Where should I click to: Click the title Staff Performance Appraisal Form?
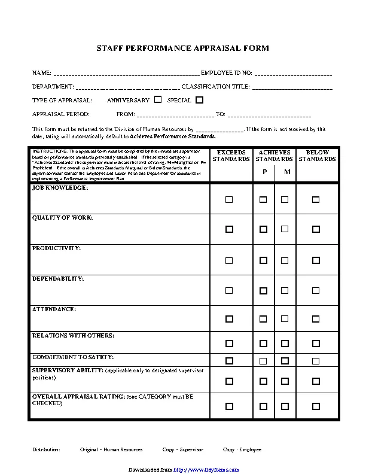tap(183, 47)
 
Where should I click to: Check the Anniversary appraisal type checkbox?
tap(158, 100)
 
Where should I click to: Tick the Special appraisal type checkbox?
tap(199, 100)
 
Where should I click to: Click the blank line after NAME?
tap(126, 74)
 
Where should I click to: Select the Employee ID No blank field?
tap(293, 74)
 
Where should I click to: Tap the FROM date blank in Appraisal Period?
tap(175, 114)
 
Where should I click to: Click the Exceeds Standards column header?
tap(231, 156)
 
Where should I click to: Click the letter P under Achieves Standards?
tap(264, 172)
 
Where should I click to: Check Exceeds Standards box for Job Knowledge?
tap(229, 200)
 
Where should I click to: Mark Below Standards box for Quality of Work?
tap(316, 229)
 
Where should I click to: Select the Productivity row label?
tap(57, 248)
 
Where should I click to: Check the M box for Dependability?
tap(285, 291)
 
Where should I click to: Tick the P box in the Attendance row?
tap(263, 320)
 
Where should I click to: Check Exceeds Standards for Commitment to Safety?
tap(229, 361)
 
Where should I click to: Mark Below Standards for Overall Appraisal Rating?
tap(316, 405)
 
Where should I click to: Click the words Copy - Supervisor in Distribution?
tap(183, 449)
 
